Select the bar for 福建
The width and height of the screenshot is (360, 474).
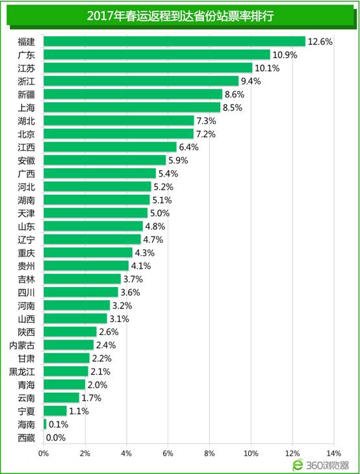click(174, 41)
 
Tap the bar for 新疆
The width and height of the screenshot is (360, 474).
click(133, 94)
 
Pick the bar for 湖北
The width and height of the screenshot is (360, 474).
click(119, 121)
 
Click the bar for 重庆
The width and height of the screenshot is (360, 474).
click(88, 253)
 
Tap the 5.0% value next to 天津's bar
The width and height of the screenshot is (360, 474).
click(160, 213)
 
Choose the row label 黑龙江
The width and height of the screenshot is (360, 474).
click(23, 371)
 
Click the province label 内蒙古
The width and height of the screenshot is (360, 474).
click(23, 345)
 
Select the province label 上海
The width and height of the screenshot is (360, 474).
click(27, 108)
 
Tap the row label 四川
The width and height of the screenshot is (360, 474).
click(27, 292)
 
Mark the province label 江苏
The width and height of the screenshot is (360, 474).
click(27, 68)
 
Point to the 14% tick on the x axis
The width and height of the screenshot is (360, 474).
click(334, 453)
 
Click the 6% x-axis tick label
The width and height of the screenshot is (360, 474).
click(168, 453)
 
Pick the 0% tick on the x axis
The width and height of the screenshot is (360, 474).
click(44, 453)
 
